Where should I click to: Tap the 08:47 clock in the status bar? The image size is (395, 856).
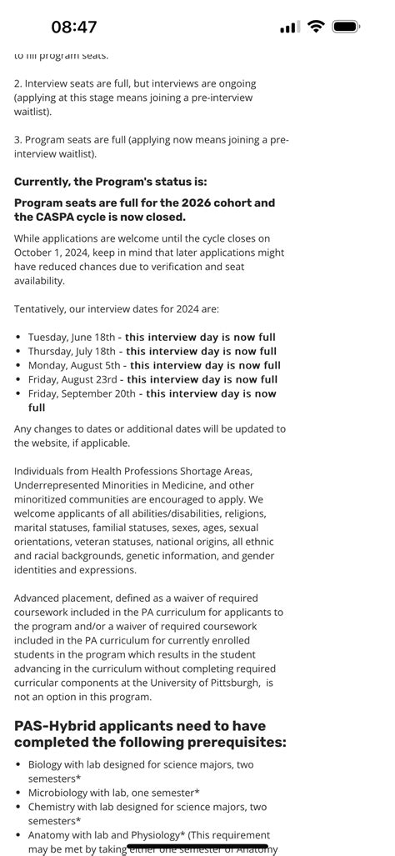74,27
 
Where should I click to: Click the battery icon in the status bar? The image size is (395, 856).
345,27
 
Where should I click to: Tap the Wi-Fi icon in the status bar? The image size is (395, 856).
315,27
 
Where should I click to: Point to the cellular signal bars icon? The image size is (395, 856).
289,28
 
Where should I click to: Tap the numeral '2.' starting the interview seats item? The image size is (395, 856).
18,83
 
